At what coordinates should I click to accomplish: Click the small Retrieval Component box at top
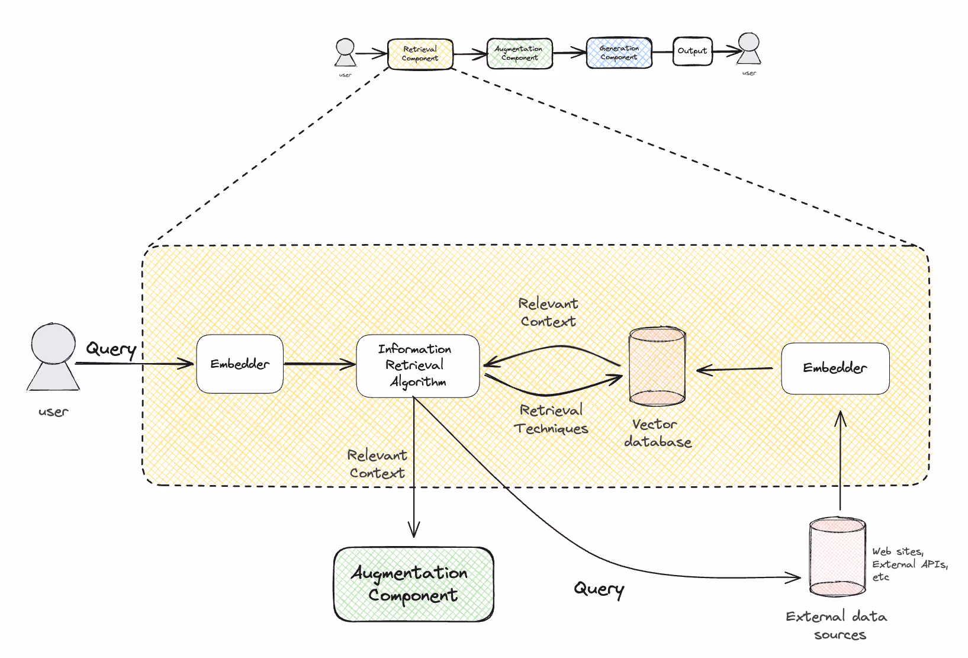pyautogui.click(x=420, y=54)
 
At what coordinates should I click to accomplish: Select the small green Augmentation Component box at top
pyautogui.click(x=519, y=54)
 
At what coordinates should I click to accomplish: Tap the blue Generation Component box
pyautogui.click(x=619, y=53)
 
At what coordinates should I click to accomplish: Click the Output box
pyautogui.click(x=692, y=52)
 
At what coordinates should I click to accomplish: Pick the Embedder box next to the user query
pyautogui.click(x=240, y=364)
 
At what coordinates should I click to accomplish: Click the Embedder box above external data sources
pyautogui.click(x=835, y=368)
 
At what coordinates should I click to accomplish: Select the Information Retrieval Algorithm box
pyautogui.click(x=417, y=365)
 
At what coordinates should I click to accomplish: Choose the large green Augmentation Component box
pyautogui.click(x=413, y=584)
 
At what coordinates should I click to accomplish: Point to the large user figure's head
pyautogui.click(x=53, y=343)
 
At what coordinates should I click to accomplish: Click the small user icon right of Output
pyautogui.click(x=749, y=49)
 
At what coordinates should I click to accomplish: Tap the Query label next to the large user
pyautogui.click(x=111, y=349)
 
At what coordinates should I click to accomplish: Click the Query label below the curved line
pyautogui.click(x=599, y=589)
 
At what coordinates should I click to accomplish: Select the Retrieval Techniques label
pyautogui.click(x=551, y=419)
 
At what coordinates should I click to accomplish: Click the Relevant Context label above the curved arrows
pyautogui.click(x=548, y=312)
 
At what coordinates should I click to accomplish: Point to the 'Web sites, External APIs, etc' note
pyautogui.click(x=909, y=564)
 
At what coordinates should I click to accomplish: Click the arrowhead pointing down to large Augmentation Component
pyautogui.click(x=414, y=529)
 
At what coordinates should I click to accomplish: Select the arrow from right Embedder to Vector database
pyautogui.click(x=734, y=370)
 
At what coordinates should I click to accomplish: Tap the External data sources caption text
pyautogui.click(x=837, y=625)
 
